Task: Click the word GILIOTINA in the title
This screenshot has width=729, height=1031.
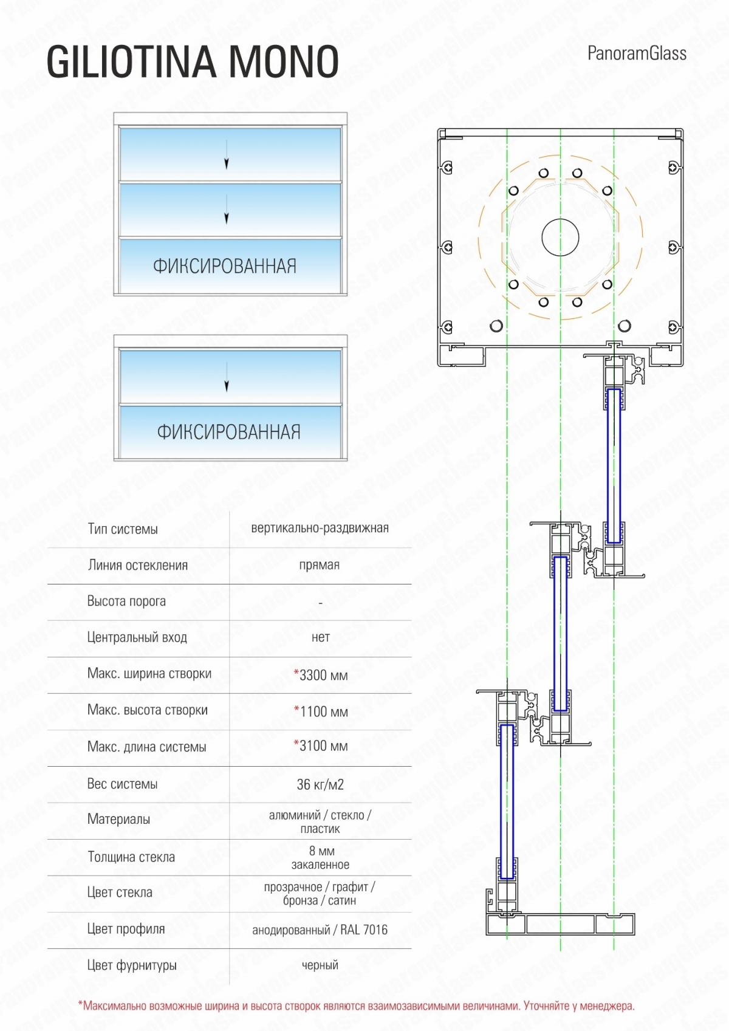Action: click(x=131, y=61)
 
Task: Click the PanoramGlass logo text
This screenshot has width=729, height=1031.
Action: click(x=637, y=53)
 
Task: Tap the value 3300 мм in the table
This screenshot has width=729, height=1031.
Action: click(x=321, y=675)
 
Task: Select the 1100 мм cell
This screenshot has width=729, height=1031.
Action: click(x=321, y=711)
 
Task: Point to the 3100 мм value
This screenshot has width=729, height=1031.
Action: click(x=321, y=745)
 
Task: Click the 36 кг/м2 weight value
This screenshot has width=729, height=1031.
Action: click(x=320, y=784)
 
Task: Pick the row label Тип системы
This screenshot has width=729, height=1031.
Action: click(x=123, y=529)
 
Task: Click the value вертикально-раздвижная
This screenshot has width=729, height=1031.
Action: click(x=320, y=527)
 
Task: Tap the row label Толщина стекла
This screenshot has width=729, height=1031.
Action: click(x=131, y=857)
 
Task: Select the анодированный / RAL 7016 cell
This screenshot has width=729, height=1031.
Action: click(x=320, y=930)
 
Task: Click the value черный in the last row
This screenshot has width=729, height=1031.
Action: click(x=320, y=965)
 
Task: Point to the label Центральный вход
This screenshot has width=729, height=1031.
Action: click(x=137, y=637)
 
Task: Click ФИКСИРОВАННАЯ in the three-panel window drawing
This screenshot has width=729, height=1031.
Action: click(x=225, y=266)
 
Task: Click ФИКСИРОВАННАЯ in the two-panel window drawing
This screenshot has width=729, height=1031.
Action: click(x=229, y=432)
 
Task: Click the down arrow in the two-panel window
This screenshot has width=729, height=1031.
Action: click(x=227, y=377)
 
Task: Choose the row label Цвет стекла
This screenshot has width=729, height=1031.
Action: click(x=120, y=892)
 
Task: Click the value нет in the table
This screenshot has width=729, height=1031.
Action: click(x=321, y=637)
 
